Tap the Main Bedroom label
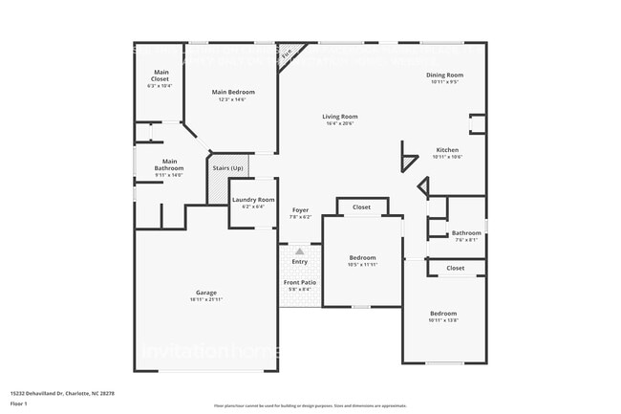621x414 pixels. [x=233, y=92]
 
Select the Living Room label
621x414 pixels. [x=339, y=117]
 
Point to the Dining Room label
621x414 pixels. [x=445, y=75]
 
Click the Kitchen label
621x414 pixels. [x=448, y=150]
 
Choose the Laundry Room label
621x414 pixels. [x=252, y=200]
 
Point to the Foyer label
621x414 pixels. [x=300, y=209]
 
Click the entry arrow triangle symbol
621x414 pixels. [x=299, y=251]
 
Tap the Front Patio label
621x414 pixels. [x=300, y=282]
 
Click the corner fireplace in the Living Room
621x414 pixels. [x=288, y=56]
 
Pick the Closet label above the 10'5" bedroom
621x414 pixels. [x=361, y=207]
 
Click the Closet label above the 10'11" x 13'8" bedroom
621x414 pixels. [x=456, y=268]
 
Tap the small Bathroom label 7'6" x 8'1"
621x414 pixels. [x=466, y=233]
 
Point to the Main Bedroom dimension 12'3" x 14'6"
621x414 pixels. [x=233, y=100]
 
